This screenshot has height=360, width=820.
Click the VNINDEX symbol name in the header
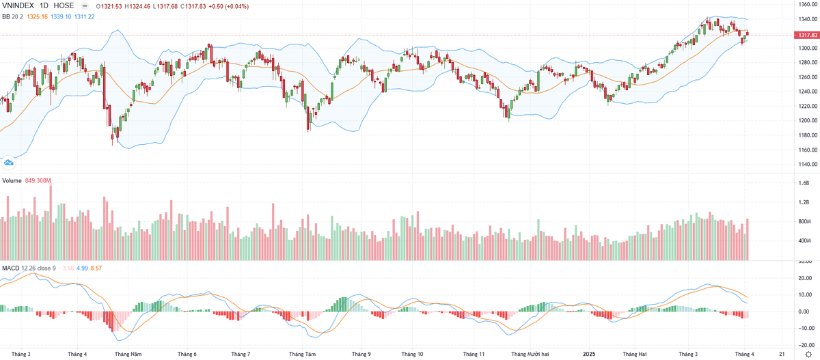[x=20, y=5]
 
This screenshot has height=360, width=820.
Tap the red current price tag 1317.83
[x=806, y=34]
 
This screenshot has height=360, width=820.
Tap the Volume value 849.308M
[x=39, y=180]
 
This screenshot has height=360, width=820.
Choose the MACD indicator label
[x=10, y=268]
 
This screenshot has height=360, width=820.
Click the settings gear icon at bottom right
[x=808, y=355]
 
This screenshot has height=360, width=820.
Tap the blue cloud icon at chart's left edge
[x=9, y=163]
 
